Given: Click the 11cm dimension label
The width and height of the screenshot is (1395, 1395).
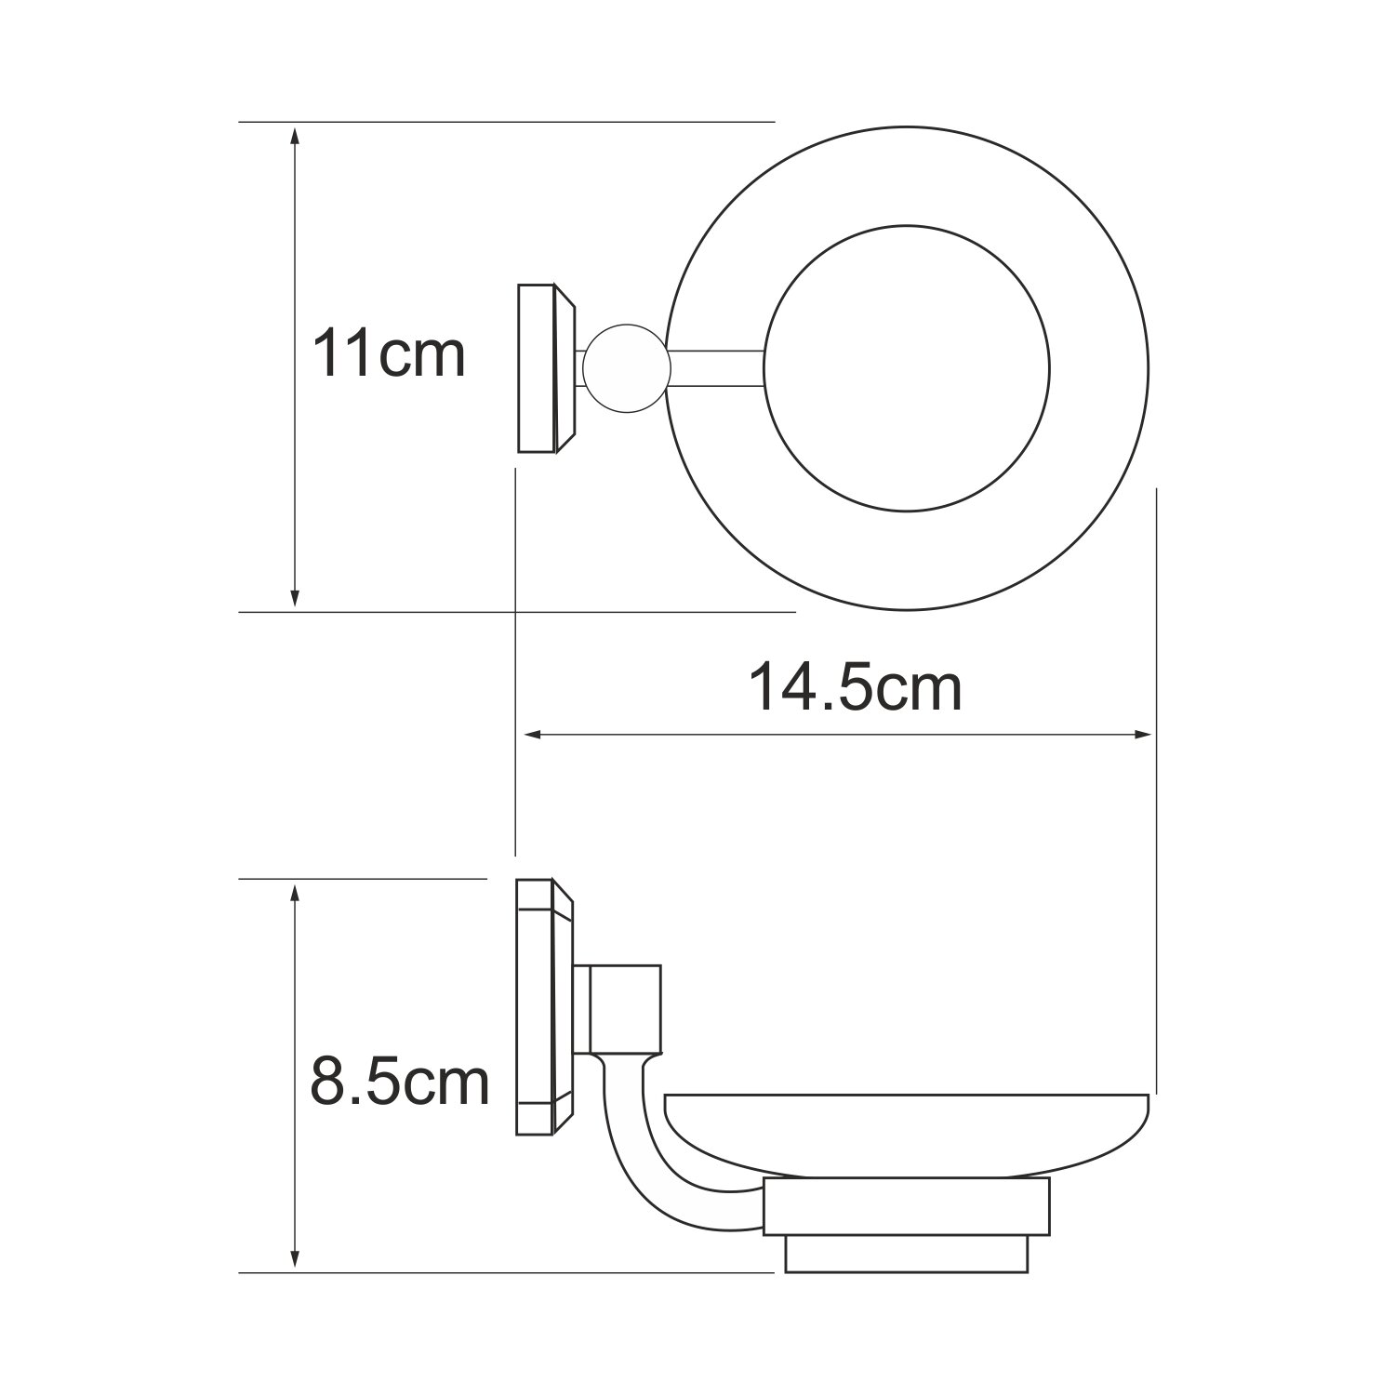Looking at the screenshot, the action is point(388,354).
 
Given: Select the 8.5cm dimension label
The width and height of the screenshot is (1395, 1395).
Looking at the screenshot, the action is point(399,1082).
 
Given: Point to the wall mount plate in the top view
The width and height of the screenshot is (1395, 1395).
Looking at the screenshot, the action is point(547,369).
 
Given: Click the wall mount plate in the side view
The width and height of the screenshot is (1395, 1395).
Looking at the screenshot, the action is point(547,1007).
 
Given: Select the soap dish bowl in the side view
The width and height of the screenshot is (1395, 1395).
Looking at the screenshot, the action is point(907,1139).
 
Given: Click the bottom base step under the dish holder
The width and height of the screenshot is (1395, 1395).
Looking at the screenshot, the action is point(907,1253).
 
